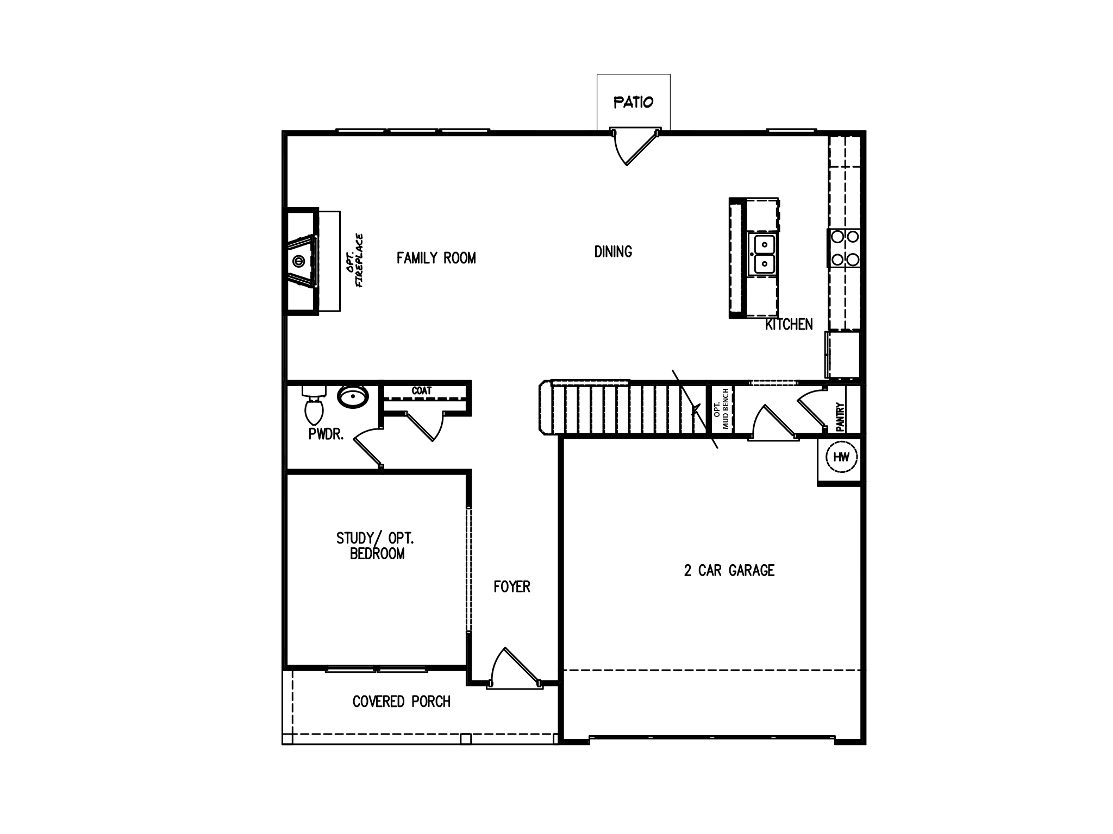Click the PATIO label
tap(633, 102)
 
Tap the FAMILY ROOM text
tap(436, 258)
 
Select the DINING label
tap(613, 251)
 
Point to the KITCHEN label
tap(789, 324)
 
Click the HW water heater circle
tap(841, 457)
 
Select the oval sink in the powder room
tap(353, 397)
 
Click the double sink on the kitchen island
tap(764, 254)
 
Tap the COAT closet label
tap(422, 391)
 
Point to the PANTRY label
tap(840, 416)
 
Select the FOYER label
tap(511, 586)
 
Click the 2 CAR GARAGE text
tap(729, 570)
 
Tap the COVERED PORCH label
tap(401, 702)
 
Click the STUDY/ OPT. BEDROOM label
tap(375, 546)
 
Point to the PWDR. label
tap(326, 434)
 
